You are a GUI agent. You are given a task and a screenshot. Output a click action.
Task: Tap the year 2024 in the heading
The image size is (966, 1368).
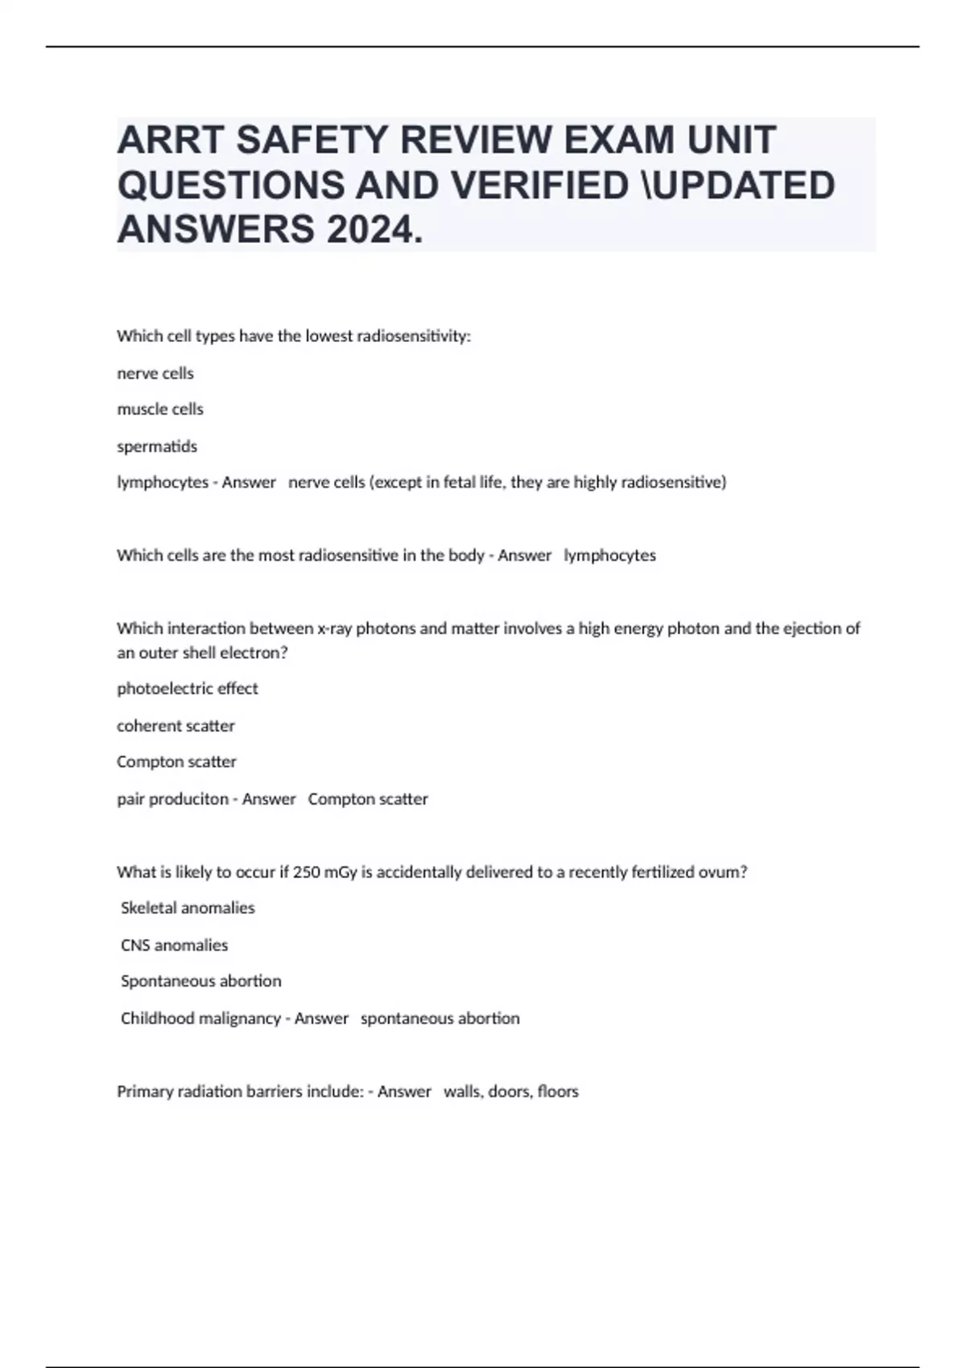click(x=374, y=230)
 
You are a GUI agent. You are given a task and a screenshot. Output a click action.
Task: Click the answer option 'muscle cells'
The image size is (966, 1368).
click(x=160, y=409)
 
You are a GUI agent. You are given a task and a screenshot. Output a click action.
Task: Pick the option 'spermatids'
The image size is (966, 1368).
click(x=157, y=446)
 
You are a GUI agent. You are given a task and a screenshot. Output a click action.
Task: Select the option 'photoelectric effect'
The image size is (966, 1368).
click(x=188, y=689)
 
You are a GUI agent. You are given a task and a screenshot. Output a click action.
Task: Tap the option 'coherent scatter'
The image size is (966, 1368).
click(x=175, y=726)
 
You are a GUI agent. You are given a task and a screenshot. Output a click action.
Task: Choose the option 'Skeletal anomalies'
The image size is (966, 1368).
click(x=188, y=908)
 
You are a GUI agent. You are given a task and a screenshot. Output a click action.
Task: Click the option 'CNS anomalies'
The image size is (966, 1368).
click(x=174, y=945)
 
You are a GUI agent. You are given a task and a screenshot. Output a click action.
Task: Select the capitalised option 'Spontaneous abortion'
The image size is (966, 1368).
click(x=201, y=981)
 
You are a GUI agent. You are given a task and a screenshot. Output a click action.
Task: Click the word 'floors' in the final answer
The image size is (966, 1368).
click(x=558, y=1092)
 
